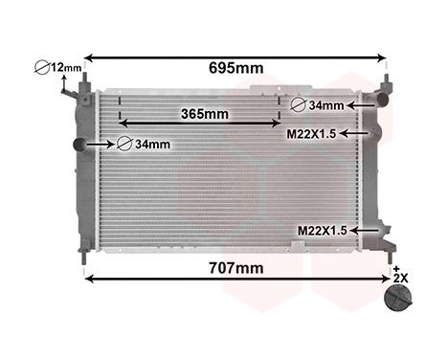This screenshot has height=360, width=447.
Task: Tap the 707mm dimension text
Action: click(235, 268)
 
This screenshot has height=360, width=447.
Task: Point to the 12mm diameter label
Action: click(66, 67)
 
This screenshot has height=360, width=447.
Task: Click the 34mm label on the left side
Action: click(152, 145)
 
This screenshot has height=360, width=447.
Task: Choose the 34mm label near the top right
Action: click(326, 105)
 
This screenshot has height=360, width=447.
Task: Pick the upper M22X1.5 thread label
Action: click(312, 134)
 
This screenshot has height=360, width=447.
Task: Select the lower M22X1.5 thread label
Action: click(322, 231)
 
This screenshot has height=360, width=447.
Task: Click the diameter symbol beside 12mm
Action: click(43, 68)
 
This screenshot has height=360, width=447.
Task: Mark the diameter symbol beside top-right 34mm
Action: click(299, 105)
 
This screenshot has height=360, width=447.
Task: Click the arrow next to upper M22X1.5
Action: click(351, 134)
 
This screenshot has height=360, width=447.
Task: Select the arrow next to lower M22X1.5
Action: click(364, 231)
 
